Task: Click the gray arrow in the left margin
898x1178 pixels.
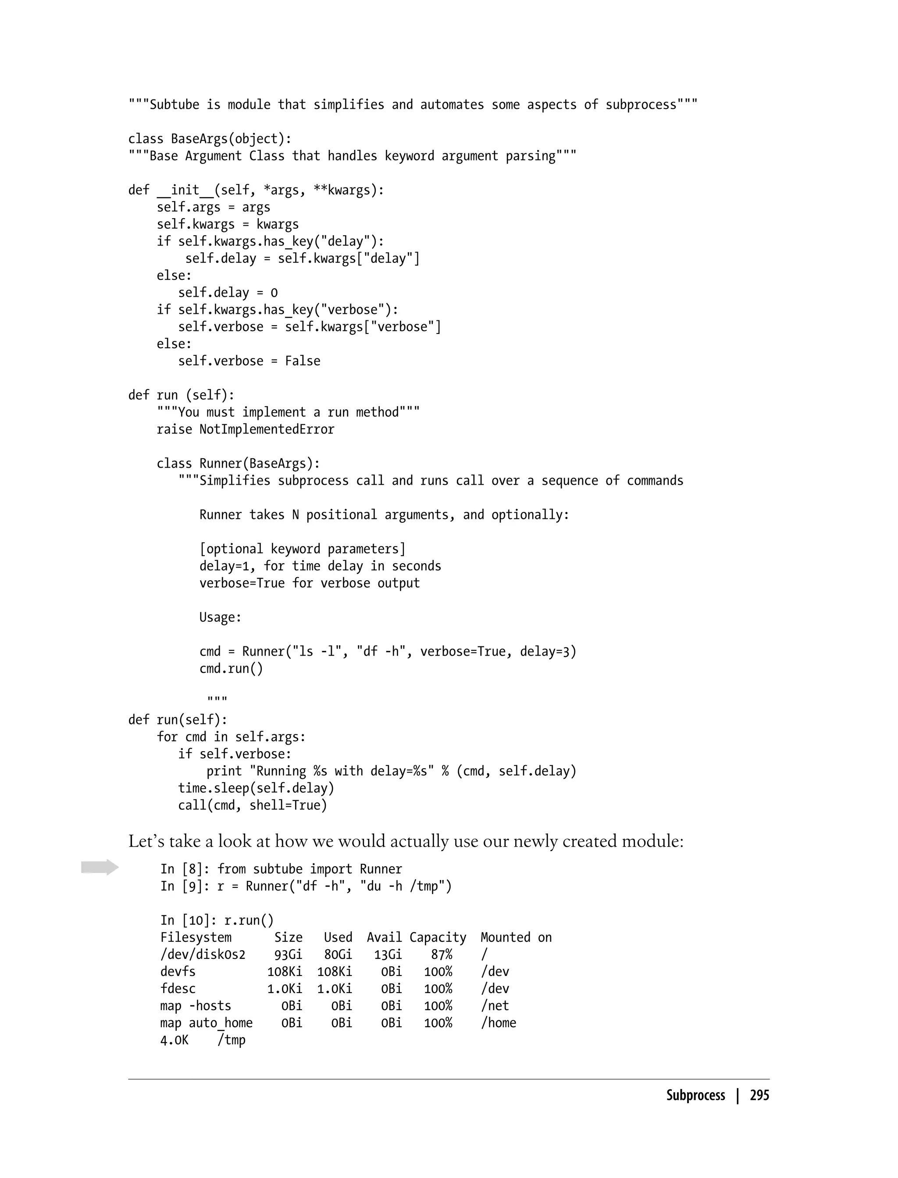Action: [100, 867]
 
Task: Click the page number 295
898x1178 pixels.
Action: [759, 1095]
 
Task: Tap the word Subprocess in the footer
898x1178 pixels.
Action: [695, 1095]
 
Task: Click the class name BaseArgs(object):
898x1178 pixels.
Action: [231, 139]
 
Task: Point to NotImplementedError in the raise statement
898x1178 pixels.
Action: [267, 429]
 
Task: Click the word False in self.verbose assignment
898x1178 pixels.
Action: [303, 361]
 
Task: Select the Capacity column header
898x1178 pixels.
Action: [438, 937]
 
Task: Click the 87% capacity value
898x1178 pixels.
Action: [442, 954]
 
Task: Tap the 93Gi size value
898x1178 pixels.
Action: [288, 954]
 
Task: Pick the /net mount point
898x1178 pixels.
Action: [495, 1006]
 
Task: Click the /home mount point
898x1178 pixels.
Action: [498, 1023]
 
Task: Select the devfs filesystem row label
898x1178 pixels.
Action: [178, 972]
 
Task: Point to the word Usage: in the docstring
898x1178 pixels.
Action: [220, 617]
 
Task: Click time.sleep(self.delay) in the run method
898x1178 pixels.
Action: [256, 788]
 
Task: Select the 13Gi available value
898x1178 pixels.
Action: [388, 954]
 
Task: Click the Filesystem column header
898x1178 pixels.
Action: [196, 937]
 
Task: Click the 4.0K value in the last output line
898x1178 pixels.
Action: [174, 1040]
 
